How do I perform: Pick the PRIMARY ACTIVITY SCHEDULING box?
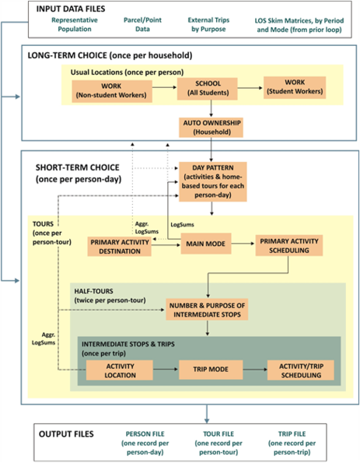click(288, 245)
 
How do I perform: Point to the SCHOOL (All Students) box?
click(206, 90)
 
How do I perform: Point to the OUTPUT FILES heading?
click(62, 431)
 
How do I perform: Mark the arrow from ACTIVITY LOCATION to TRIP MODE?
click(165, 370)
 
